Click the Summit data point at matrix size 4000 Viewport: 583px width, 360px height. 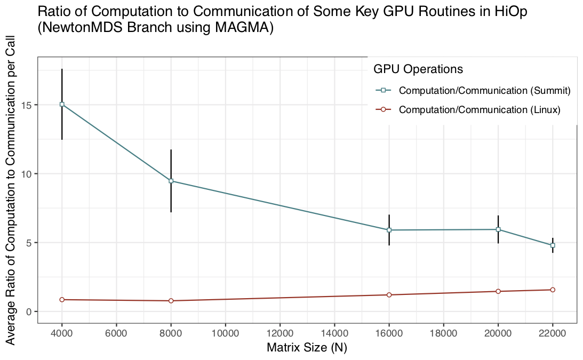click(x=62, y=105)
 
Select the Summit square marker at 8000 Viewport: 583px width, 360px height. click(x=171, y=181)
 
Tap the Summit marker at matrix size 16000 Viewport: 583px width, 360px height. click(x=389, y=230)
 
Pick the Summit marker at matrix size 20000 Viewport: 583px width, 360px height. click(x=498, y=229)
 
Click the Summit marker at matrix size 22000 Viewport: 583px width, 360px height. click(x=553, y=245)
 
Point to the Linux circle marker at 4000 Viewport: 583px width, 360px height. click(x=62, y=300)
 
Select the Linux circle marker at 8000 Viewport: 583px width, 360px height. click(x=171, y=301)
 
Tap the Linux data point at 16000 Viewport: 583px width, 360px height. click(x=389, y=295)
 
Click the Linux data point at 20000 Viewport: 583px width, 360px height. click(x=498, y=291)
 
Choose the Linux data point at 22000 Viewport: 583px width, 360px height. click(x=553, y=290)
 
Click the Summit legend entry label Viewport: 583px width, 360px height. click(x=485, y=91)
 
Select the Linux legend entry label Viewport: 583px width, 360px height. click(x=480, y=110)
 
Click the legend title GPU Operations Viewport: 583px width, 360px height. click(x=418, y=69)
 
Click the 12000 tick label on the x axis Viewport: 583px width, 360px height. click(x=280, y=334)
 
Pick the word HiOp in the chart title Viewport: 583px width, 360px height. click(x=510, y=12)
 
